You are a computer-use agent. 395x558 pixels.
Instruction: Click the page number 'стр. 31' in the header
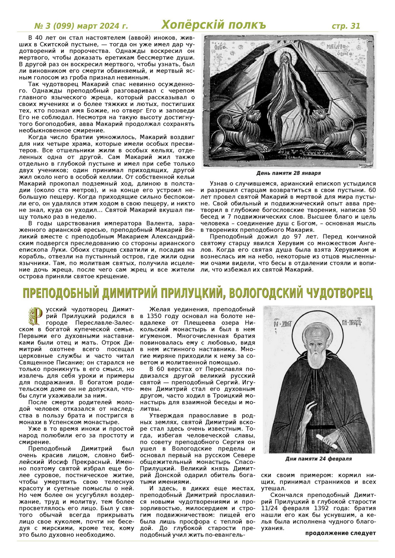[x=346, y=26]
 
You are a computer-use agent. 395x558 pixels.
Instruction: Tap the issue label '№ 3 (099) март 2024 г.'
[x=81, y=26]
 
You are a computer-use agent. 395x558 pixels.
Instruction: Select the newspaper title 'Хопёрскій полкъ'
[x=214, y=25]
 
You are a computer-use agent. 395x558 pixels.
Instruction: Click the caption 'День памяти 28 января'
[x=288, y=173]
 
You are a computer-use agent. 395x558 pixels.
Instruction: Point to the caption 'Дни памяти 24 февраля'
[x=319, y=459]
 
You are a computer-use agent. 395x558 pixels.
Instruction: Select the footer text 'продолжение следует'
[x=340, y=533]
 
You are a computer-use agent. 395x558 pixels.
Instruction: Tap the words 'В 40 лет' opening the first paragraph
[x=39, y=38]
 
